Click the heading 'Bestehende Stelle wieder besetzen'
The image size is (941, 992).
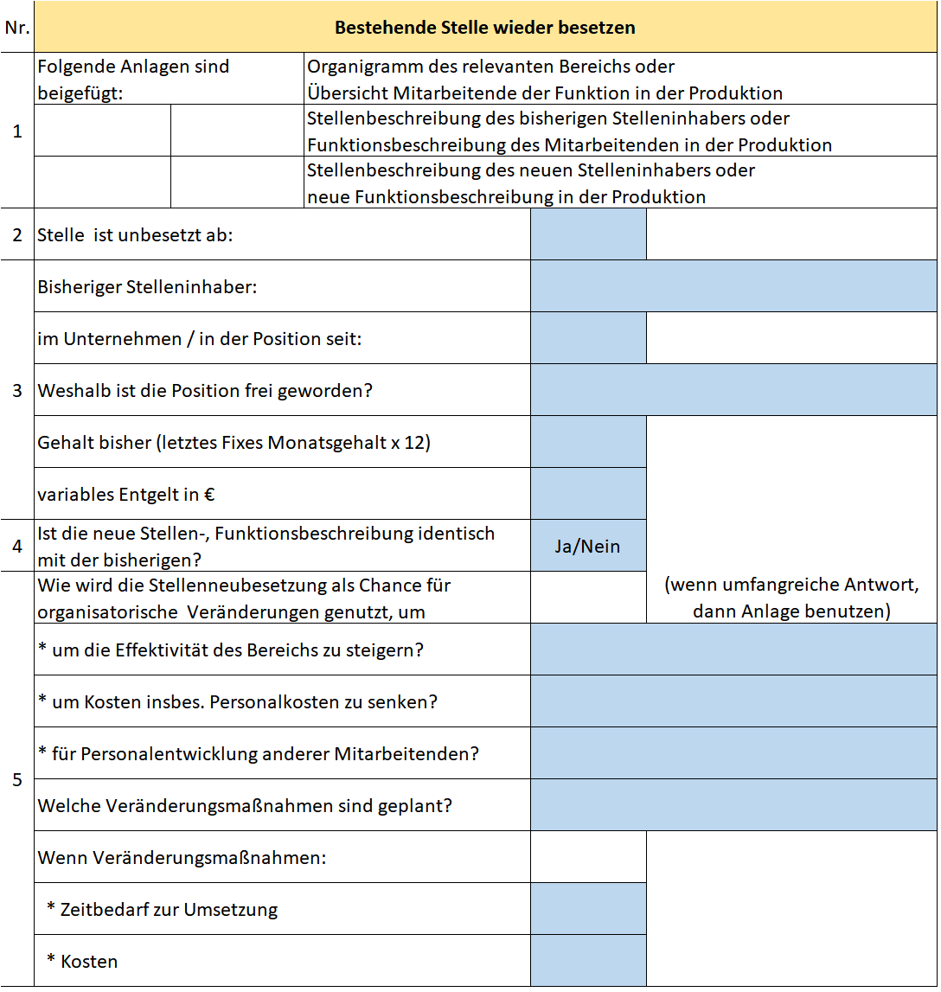(x=484, y=28)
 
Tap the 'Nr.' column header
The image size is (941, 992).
(x=17, y=28)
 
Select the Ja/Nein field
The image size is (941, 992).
(x=588, y=546)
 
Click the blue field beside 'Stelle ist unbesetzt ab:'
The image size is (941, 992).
(x=588, y=234)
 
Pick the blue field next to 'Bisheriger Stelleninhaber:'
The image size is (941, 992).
(x=733, y=286)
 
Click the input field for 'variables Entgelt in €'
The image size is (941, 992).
(x=588, y=494)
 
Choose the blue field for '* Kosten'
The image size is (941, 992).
(x=588, y=961)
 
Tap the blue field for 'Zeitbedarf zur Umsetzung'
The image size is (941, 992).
(x=588, y=909)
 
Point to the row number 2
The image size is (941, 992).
(x=17, y=234)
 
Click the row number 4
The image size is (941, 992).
(x=17, y=546)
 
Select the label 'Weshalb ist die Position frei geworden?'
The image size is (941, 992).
(x=205, y=391)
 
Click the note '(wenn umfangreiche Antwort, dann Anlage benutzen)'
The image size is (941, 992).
(x=791, y=598)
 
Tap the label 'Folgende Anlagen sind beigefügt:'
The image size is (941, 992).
(x=133, y=79)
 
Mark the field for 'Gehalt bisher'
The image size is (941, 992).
(x=588, y=442)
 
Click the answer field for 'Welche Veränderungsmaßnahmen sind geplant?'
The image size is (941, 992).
(x=733, y=805)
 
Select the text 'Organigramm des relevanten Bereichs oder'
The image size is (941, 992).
(x=491, y=67)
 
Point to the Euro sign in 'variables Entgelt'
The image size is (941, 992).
(x=208, y=496)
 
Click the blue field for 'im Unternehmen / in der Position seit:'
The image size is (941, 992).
(x=588, y=338)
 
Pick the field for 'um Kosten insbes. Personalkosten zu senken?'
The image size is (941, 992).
(x=733, y=701)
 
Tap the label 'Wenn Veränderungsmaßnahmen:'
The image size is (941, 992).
(x=182, y=858)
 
